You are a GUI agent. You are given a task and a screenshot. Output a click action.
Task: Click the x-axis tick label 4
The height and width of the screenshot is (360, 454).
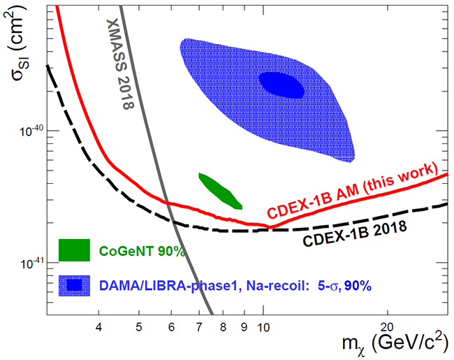(x=98, y=326)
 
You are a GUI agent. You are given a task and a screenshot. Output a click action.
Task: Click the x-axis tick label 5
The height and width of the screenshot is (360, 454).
(x=138, y=326)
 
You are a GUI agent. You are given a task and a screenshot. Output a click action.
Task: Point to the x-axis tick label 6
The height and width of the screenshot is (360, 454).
(x=172, y=326)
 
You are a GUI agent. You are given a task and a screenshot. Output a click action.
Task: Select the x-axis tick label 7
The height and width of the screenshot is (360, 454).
(x=200, y=326)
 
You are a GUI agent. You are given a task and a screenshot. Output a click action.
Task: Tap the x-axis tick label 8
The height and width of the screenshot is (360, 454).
(x=224, y=326)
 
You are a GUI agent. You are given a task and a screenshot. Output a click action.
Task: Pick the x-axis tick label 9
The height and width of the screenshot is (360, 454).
(x=244, y=326)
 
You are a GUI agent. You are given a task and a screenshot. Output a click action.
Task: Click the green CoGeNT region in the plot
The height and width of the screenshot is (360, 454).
(x=219, y=191)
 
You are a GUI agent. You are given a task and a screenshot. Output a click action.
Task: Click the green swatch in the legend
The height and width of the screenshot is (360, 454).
(x=74, y=250)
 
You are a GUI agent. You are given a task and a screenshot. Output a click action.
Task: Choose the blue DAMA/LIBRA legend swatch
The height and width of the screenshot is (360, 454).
(x=74, y=284)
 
